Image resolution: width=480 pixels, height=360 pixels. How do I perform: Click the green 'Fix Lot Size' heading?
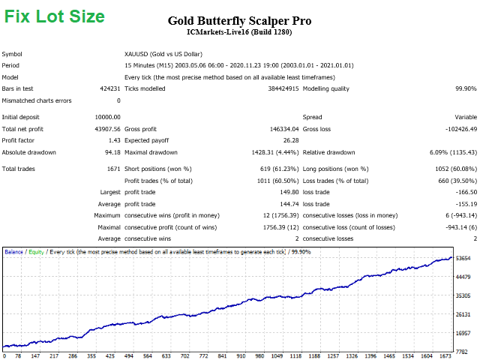click(55, 16)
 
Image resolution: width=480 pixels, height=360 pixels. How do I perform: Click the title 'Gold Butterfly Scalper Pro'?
click(239, 20)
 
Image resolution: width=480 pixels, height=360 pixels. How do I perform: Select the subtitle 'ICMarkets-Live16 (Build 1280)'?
click(239, 32)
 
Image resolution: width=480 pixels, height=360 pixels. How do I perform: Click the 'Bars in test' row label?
click(18, 88)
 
